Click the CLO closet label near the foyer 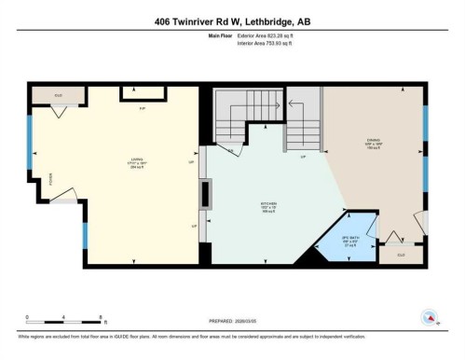click(58, 94)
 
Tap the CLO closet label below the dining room click(401, 254)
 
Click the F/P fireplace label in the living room click(143, 111)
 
